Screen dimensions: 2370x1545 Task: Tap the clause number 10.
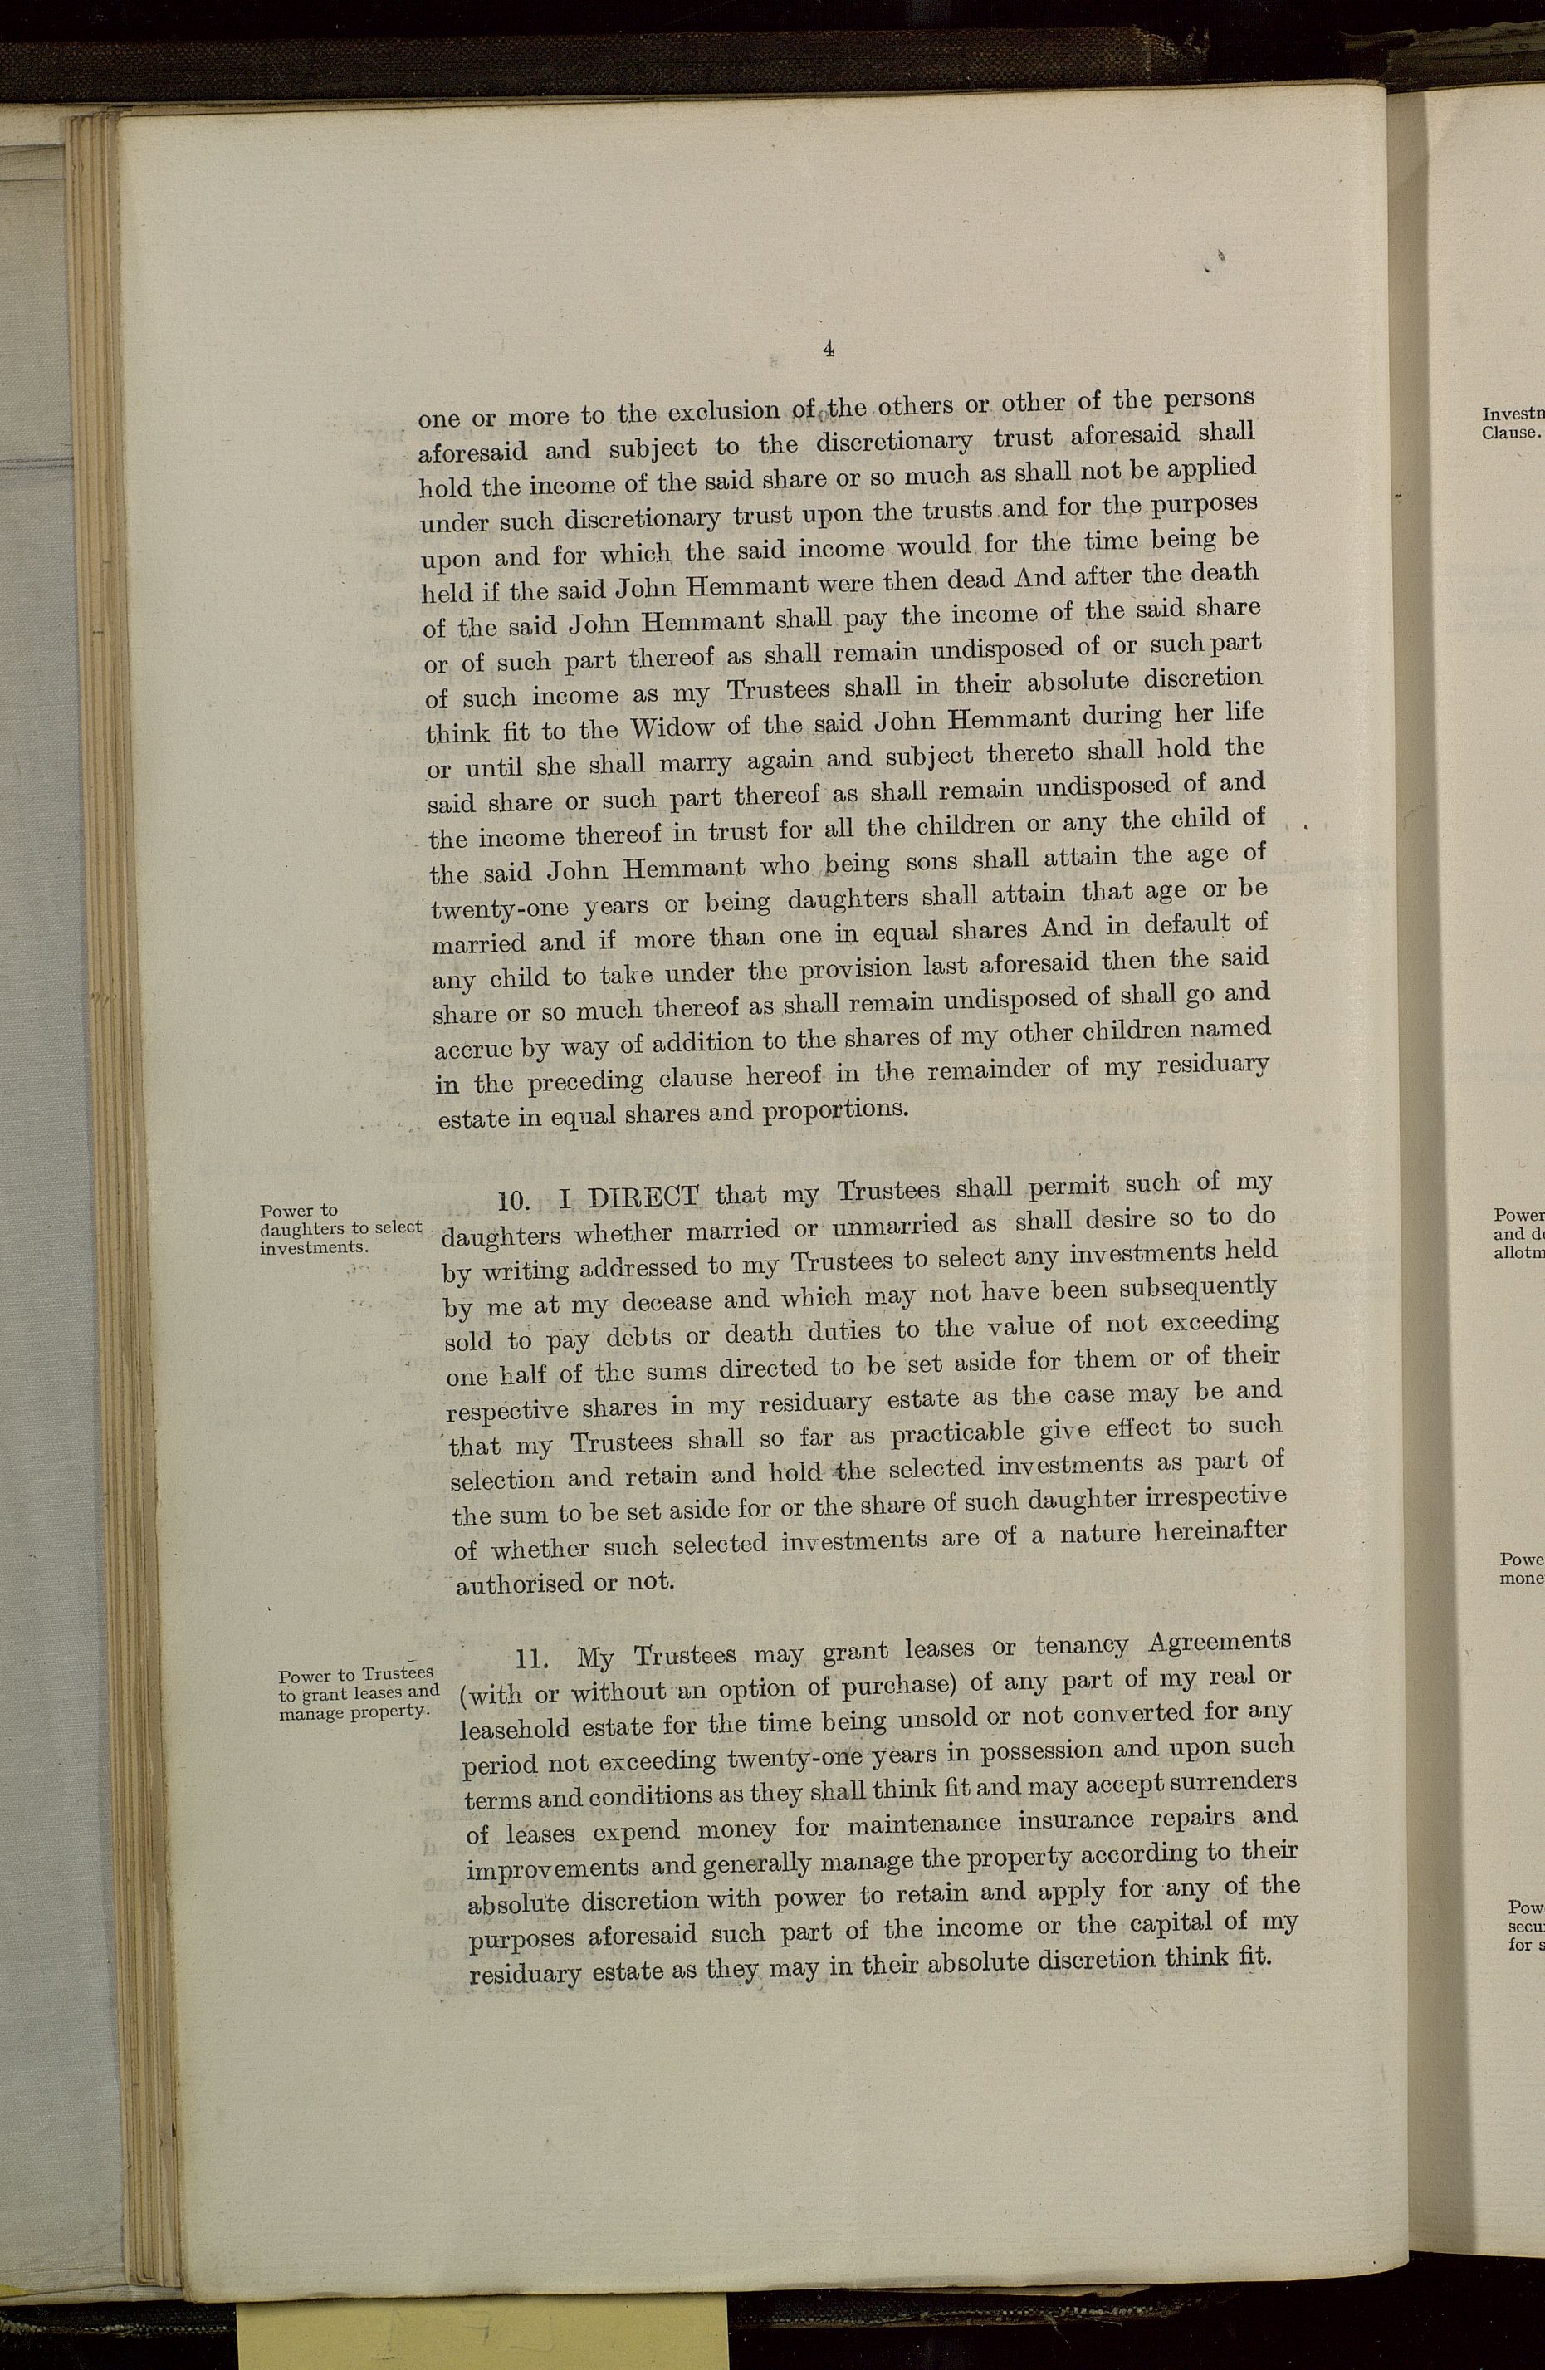coord(516,1203)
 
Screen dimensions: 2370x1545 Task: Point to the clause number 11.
coord(535,1659)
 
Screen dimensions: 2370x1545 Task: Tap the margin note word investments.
coord(315,1246)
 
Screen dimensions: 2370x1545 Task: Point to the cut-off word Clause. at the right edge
coord(1510,433)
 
